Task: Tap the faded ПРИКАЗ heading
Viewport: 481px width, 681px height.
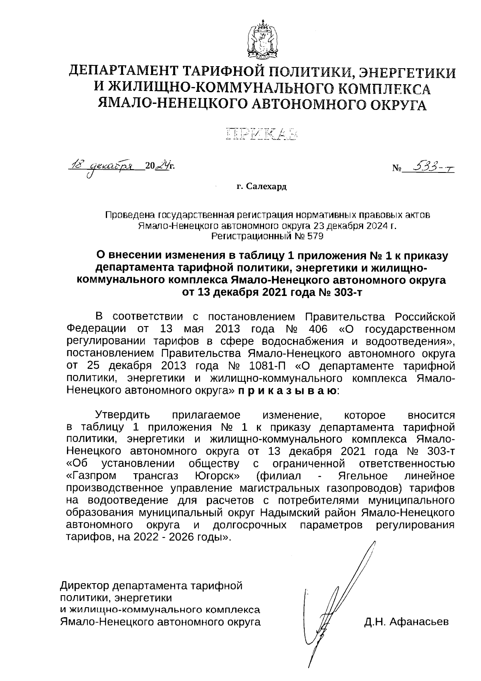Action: (x=263, y=135)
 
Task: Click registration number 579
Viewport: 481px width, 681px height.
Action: (x=315, y=236)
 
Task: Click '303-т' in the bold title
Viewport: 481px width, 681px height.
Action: (x=348, y=292)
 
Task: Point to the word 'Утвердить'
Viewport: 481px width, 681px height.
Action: (x=122, y=415)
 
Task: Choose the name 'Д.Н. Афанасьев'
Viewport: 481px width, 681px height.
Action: (x=406, y=622)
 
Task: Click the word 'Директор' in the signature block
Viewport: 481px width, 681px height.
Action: (x=85, y=586)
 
